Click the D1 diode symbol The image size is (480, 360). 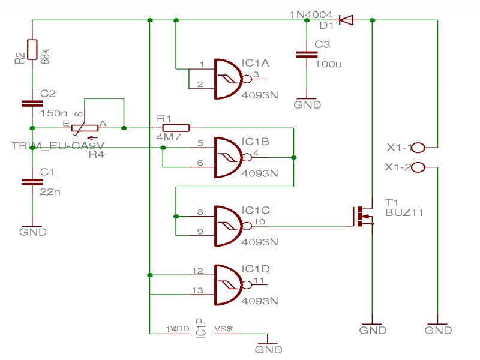pyautogui.click(x=346, y=20)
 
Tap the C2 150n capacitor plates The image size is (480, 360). pyautogui.click(x=32, y=103)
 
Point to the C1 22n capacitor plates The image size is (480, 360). pyautogui.click(x=32, y=181)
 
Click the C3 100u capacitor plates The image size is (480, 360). pyautogui.click(x=307, y=55)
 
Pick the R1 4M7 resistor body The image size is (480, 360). pyautogui.click(x=176, y=127)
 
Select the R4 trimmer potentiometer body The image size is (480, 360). pyautogui.click(x=83, y=128)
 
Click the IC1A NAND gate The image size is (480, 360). pyautogui.click(x=228, y=78)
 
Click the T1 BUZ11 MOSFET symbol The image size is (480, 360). pyautogui.click(x=362, y=216)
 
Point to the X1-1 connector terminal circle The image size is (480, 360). pyautogui.click(x=418, y=147)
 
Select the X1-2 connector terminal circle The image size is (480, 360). pyautogui.click(x=418, y=167)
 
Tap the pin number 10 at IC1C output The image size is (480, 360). pyautogui.click(x=259, y=222)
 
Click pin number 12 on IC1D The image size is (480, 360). pyautogui.click(x=197, y=271)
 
